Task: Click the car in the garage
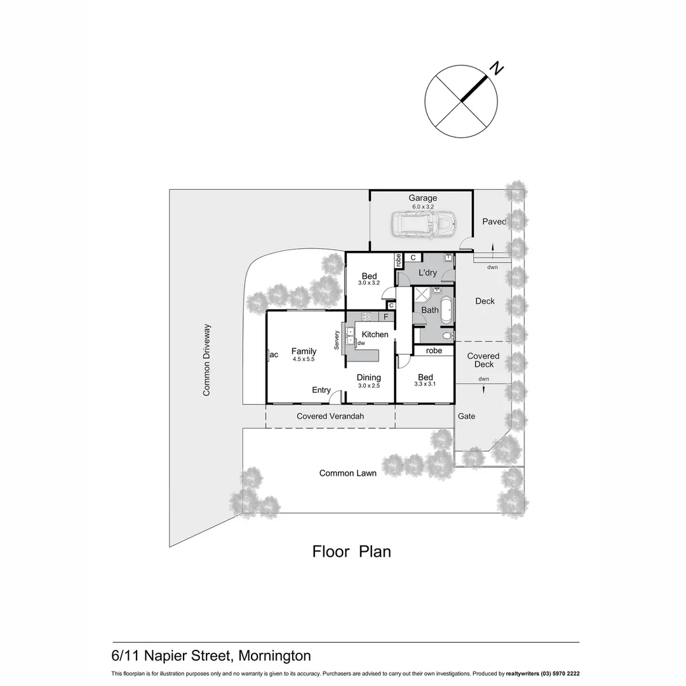tap(424, 224)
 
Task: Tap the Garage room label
tap(422, 198)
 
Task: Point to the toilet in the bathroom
tap(447, 335)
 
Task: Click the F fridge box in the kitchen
tap(386, 316)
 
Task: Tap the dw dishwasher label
tap(361, 343)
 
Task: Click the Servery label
tap(337, 340)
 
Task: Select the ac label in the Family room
tap(274, 354)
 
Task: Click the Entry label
tap(321, 390)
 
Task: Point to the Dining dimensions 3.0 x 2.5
tap(368, 386)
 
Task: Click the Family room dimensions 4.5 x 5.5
tap(304, 360)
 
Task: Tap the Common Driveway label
tap(206, 360)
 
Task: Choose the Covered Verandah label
tap(330, 417)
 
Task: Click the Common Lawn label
tap(347, 473)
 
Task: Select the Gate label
tap(466, 416)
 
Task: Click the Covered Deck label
tap(483, 360)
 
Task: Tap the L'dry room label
tap(427, 272)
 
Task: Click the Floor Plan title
tap(351, 551)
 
